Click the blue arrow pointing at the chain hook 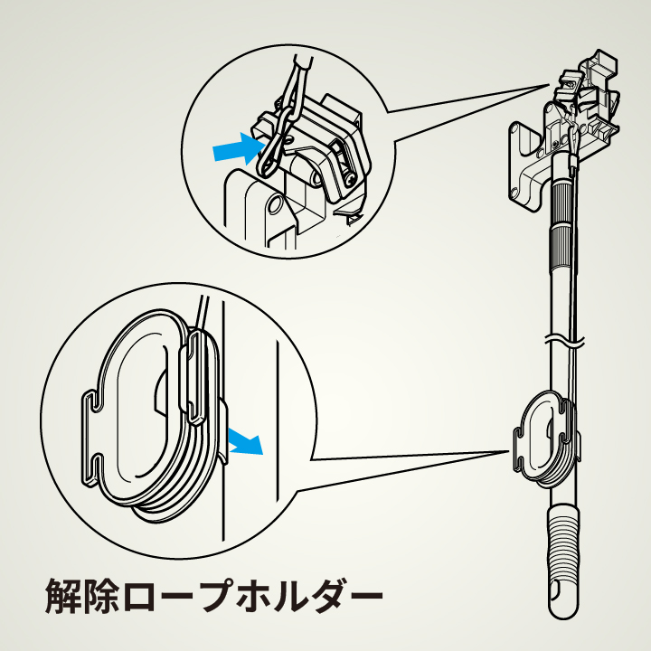click(233, 148)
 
